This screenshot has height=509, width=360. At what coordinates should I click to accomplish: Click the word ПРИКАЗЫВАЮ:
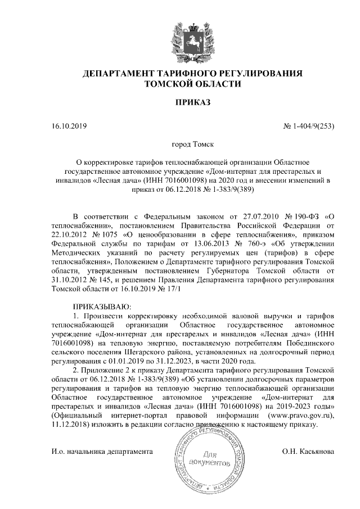pyautogui.click(x=102, y=307)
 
